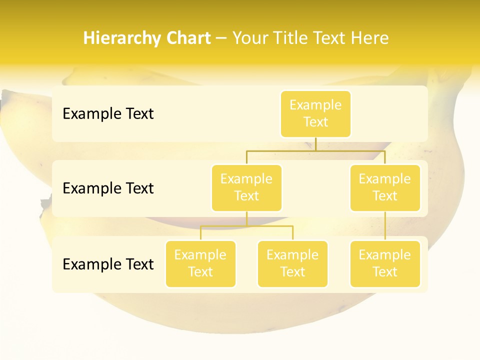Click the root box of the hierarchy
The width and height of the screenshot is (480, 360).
315,113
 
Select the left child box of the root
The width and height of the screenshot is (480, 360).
246,187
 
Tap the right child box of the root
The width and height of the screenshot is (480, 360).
385,187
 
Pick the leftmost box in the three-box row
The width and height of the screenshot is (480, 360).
200,263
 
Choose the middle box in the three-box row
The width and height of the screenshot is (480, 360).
292,263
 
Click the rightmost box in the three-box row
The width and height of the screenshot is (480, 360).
385,263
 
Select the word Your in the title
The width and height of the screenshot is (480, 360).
250,38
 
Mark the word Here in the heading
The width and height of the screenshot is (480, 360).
369,38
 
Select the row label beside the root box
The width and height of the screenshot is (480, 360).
108,114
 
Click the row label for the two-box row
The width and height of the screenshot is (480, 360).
108,188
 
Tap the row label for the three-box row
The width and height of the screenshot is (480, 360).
108,264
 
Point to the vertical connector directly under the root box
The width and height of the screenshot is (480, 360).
315,144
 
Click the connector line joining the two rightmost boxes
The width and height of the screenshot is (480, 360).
385,226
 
